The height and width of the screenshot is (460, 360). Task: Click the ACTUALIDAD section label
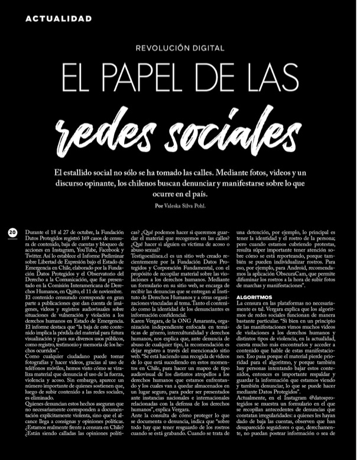click(x=59, y=19)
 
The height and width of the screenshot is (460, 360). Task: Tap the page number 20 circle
click(x=12, y=233)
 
